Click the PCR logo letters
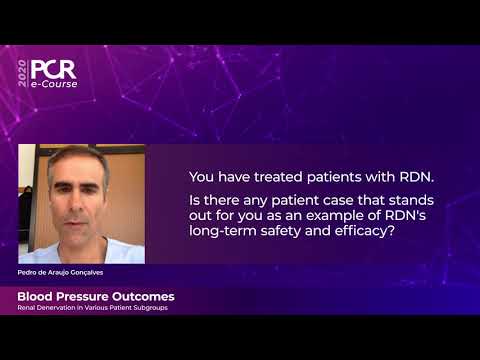click(53, 69)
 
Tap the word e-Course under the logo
click(54, 84)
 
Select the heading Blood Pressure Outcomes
click(96, 297)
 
